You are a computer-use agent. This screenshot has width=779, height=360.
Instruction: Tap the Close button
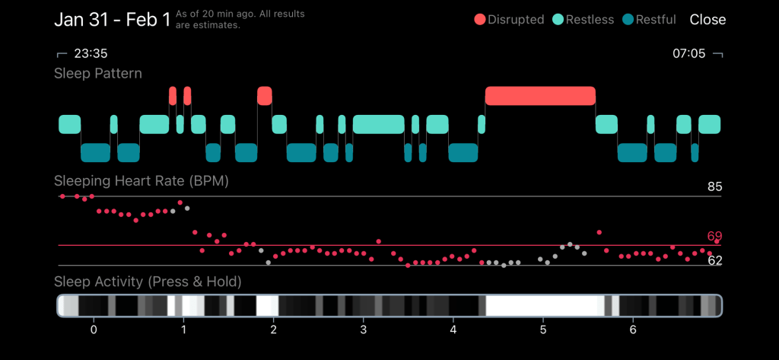coord(707,20)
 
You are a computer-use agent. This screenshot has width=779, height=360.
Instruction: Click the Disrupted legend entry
coord(509,20)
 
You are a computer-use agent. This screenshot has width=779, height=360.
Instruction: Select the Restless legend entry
coord(583,20)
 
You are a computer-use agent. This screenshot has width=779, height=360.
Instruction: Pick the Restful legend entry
coord(649,20)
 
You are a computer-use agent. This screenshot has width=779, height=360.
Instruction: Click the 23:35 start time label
coord(90,53)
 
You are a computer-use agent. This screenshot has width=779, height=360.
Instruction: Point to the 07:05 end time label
coord(688,53)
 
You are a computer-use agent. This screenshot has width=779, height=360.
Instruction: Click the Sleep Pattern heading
coord(98,73)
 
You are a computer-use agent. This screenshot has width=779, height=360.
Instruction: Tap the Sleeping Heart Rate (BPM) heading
coord(141,181)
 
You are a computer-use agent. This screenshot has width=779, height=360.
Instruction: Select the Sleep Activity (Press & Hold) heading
coord(148,282)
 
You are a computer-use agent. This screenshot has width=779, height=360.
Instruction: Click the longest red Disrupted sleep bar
coord(540,96)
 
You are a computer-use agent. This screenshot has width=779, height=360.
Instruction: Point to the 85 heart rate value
coord(714,186)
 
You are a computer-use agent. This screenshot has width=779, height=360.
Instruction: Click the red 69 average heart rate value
coord(714,236)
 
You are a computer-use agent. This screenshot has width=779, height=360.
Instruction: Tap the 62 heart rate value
coord(714,260)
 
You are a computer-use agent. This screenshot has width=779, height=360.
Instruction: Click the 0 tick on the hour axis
coord(94,330)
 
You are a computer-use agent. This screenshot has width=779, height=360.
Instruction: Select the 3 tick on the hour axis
coord(364,330)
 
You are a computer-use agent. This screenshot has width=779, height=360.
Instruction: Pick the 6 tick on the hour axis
coord(633,330)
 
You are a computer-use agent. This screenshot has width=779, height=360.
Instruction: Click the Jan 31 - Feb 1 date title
coord(112,20)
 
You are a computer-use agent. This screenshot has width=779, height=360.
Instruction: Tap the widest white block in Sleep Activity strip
coord(544,306)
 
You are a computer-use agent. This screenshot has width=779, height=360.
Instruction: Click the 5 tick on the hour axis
coord(543,330)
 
